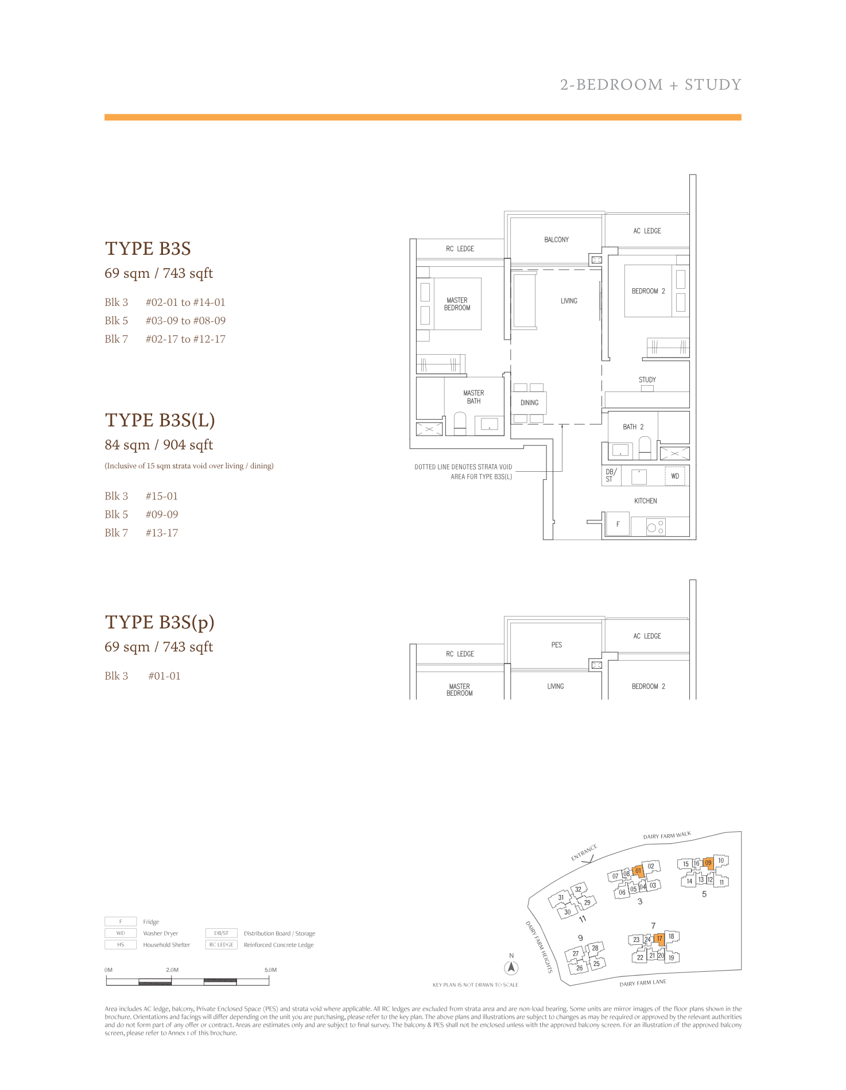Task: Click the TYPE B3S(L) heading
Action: [x=160, y=420]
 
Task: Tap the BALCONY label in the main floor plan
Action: [x=557, y=239]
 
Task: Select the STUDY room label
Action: [x=647, y=379]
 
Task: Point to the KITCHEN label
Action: [x=646, y=501]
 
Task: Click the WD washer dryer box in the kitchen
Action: [x=675, y=476]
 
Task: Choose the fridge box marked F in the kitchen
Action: [x=618, y=524]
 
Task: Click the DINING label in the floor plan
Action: [x=530, y=402]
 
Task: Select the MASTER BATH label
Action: [x=474, y=397]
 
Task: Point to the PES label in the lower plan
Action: [x=557, y=645]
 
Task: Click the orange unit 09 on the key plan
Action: [x=708, y=862]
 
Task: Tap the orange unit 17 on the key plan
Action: [x=659, y=939]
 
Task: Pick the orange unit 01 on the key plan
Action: [x=638, y=871]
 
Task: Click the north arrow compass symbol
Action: [x=511, y=968]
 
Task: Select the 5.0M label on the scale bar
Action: [x=271, y=969]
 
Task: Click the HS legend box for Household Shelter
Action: [x=121, y=944]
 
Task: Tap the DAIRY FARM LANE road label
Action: [x=643, y=983]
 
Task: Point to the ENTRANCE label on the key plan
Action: [x=584, y=852]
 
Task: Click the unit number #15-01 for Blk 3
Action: [x=162, y=496]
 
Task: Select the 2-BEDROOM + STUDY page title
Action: [x=651, y=85]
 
